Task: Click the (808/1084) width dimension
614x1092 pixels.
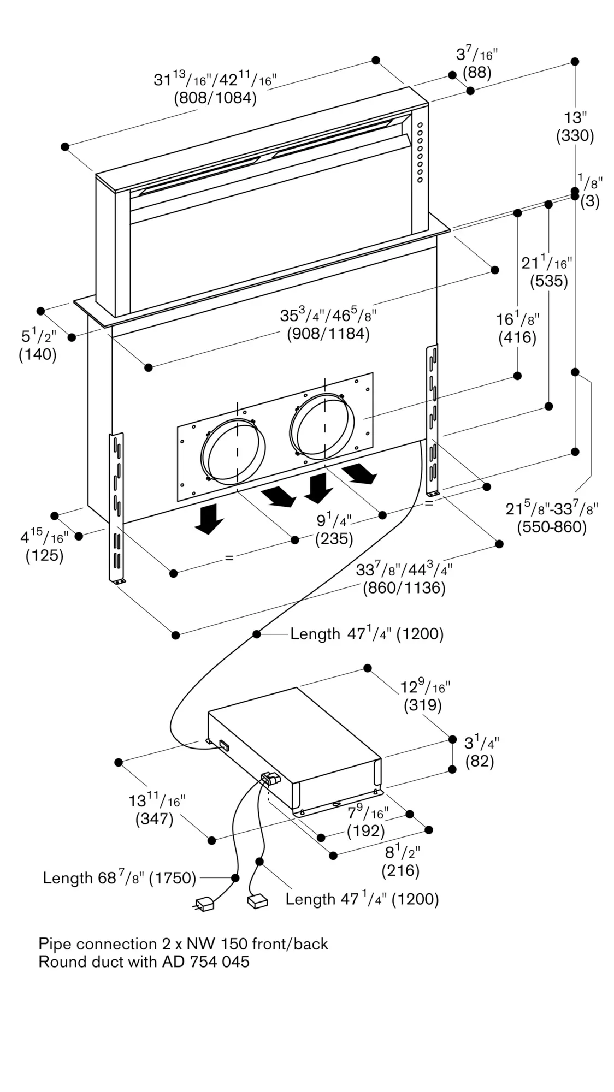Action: click(x=215, y=98)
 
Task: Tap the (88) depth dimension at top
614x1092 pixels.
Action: click(x=477, y=72)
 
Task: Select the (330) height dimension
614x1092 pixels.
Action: click(x=575, y=135)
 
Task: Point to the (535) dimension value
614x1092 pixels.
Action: click(x=549, y=281)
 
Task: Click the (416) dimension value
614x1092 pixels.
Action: click(x=517, y=337)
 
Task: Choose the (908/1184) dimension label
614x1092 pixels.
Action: click(x=328, y=334)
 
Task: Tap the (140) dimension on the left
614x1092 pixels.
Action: click(x=38, y=354)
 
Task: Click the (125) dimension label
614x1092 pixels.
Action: click(x=45, y=556)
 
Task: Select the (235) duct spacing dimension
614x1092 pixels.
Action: click(x=334, y=539)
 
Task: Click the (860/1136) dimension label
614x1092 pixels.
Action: click(x=404, y=588)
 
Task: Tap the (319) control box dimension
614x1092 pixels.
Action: click(x=423, y=705)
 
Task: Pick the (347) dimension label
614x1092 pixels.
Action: click(x=155, y=819)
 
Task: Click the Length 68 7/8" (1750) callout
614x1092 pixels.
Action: click(x=120, y=877)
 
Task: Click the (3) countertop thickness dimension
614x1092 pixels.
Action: click(x=589, y=201)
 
